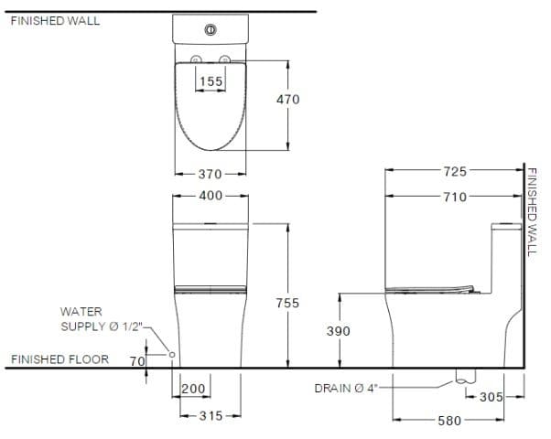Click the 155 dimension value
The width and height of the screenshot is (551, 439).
(x=211, y=81)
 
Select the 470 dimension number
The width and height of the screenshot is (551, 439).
(x=287, y=99)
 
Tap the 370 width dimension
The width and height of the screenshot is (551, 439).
(x=211, y=174)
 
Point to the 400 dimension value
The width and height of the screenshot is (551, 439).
(x=211, y=195)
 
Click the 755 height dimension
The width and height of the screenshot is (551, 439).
(x=287, y=302)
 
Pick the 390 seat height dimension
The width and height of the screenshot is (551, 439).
(x=339, y=331)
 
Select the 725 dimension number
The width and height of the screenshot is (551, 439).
(x=455, y=171)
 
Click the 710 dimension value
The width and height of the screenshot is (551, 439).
(x=455, y=196)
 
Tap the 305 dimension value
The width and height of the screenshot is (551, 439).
(x=492, y=396)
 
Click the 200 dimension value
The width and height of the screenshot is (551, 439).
(x=193, y=390)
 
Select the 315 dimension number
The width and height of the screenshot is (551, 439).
(x=211, y=416)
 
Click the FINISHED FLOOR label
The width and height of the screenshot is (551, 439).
(x=59, y=359)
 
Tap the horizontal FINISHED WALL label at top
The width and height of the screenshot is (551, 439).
(x=56, y=21)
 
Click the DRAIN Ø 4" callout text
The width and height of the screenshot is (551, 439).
(x=347, y=388)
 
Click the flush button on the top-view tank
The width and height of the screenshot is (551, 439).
(x=211, y=30)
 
